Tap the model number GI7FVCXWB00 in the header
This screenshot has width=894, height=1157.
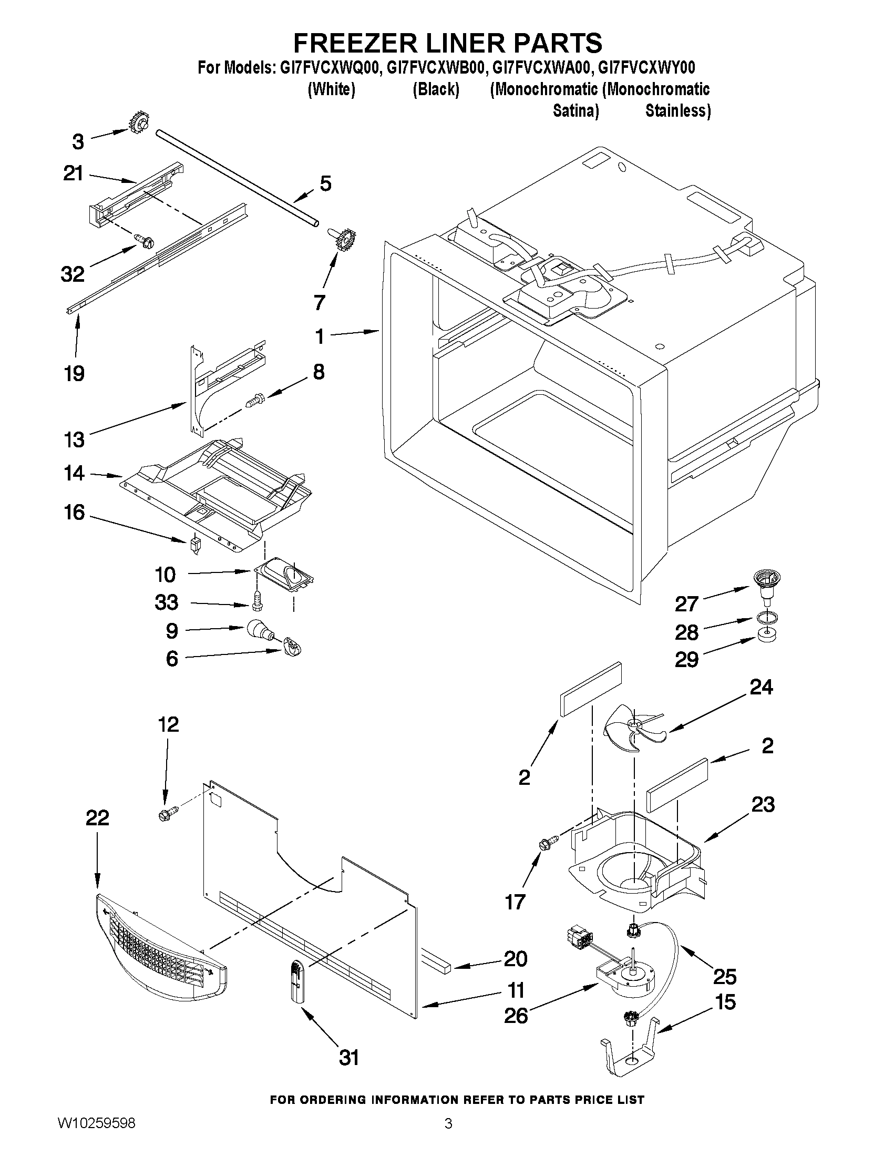pyautogui.click(x=435, y=67)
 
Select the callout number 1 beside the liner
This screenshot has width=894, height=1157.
pyautogui.click(x=320, y=336)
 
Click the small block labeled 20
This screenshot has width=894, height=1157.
pyautogui.click(x=436, y=960)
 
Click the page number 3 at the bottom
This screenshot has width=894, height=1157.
pyautogui.click(x=448, y=1134)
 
